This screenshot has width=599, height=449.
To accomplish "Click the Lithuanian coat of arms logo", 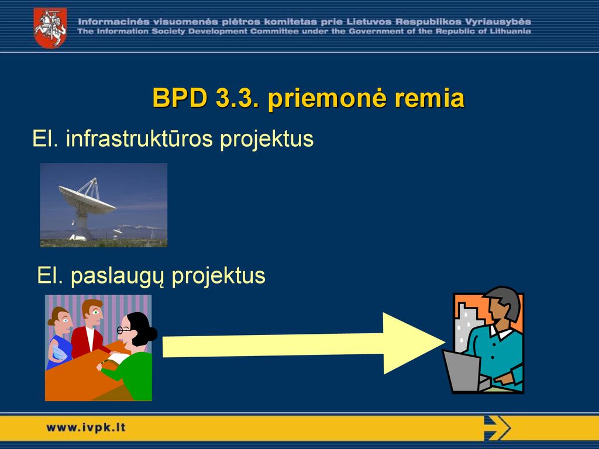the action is [x=50, y=28].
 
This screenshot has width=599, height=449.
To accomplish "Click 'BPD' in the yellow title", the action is [x=180, y=98].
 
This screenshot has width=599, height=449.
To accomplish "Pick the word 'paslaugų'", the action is [x=118, y=277].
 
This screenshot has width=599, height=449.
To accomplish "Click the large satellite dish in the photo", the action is [x=87, y=208].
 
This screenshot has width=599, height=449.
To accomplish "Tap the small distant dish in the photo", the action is [x=118, y=232].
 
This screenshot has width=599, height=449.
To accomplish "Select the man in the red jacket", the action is [x=89, y=329].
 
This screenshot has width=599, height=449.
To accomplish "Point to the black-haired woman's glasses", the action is [x=123, y=330].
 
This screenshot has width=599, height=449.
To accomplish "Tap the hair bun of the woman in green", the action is [x=152, y=334].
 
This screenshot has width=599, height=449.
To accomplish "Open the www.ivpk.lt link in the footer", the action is [x=85, y=427].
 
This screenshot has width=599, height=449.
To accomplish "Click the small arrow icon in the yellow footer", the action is [x=497, y=428].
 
